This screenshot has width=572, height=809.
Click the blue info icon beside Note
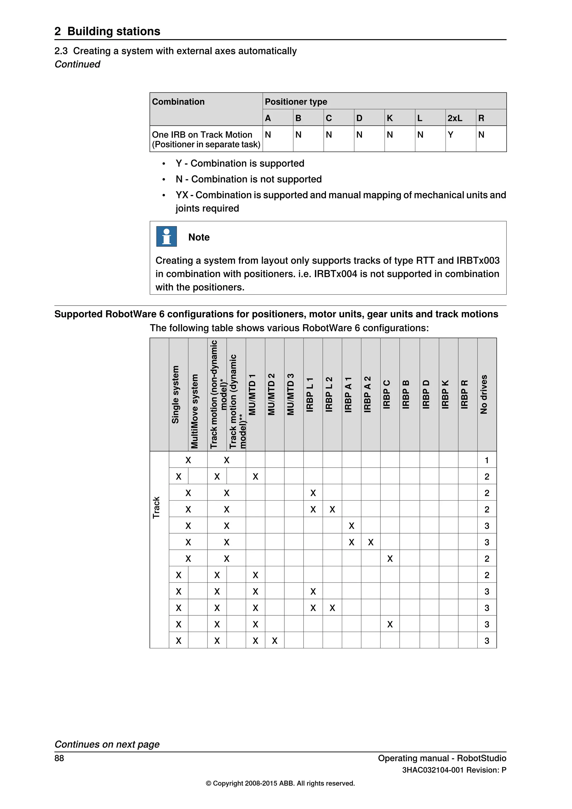coord(166,236)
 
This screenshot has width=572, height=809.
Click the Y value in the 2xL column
coord(450,135)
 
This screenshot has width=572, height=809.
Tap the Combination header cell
coord(178,102)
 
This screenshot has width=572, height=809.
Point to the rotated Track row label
coord(156,507)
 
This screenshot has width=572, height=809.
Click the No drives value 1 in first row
coord(487,460)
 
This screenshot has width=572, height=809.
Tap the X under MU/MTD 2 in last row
coord(275,641)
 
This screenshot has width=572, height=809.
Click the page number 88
coord(59,758)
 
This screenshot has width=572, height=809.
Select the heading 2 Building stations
coord(108,31)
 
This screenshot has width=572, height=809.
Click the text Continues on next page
coord(107,744)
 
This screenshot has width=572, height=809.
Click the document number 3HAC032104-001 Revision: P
coord(454,770)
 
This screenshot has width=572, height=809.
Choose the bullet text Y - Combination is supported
coord(240,163)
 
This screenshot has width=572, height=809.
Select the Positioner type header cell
coord(296,102)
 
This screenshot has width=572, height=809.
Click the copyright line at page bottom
coord(280,783)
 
